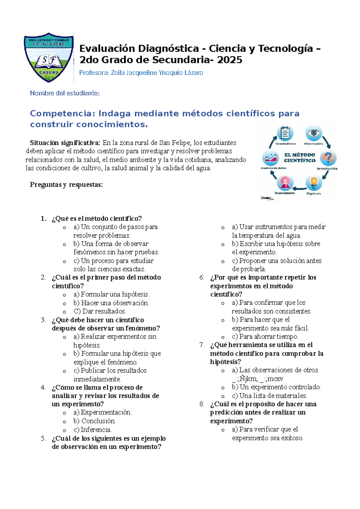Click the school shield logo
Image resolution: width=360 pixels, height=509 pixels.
click(49, 57)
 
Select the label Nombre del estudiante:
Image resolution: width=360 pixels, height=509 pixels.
click(65, 93)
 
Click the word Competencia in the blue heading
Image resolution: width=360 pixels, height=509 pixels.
click(62, 113)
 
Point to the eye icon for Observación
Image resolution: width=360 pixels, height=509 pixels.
click(314, 133)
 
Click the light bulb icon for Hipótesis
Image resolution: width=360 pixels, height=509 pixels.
click(313, 182)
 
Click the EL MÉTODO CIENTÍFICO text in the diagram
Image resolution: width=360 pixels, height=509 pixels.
click(299, 158)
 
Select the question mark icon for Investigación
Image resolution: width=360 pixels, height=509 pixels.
click(328, 157)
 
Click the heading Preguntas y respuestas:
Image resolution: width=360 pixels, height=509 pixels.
click(66, 185)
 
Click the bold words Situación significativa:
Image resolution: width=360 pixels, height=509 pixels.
click(65, 143)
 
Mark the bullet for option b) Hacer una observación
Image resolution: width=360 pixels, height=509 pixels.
click(64, 303)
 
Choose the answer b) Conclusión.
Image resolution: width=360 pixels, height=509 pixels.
click(94, 421)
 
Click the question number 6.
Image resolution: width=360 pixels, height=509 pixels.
click(202, 277)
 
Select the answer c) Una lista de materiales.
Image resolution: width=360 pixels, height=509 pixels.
click(269, 396)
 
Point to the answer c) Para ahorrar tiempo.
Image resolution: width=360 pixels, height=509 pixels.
click(265, 336)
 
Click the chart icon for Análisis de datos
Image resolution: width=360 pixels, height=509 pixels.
click(270, 158)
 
